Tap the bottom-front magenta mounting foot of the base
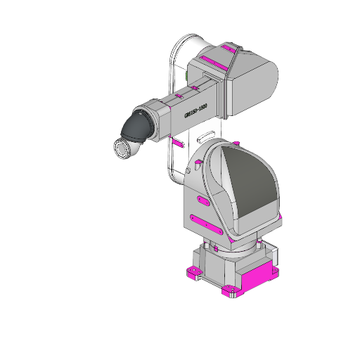pyautogui.click(x=229, y=292)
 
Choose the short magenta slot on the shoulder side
pyautogui.click(x=202, y=202)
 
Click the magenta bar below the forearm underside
pyautogui.click(x=179, y=143)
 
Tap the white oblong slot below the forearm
pyautogui.click(x=205, y=133)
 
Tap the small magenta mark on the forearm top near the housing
pyautogui.click(x=179, y=95)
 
